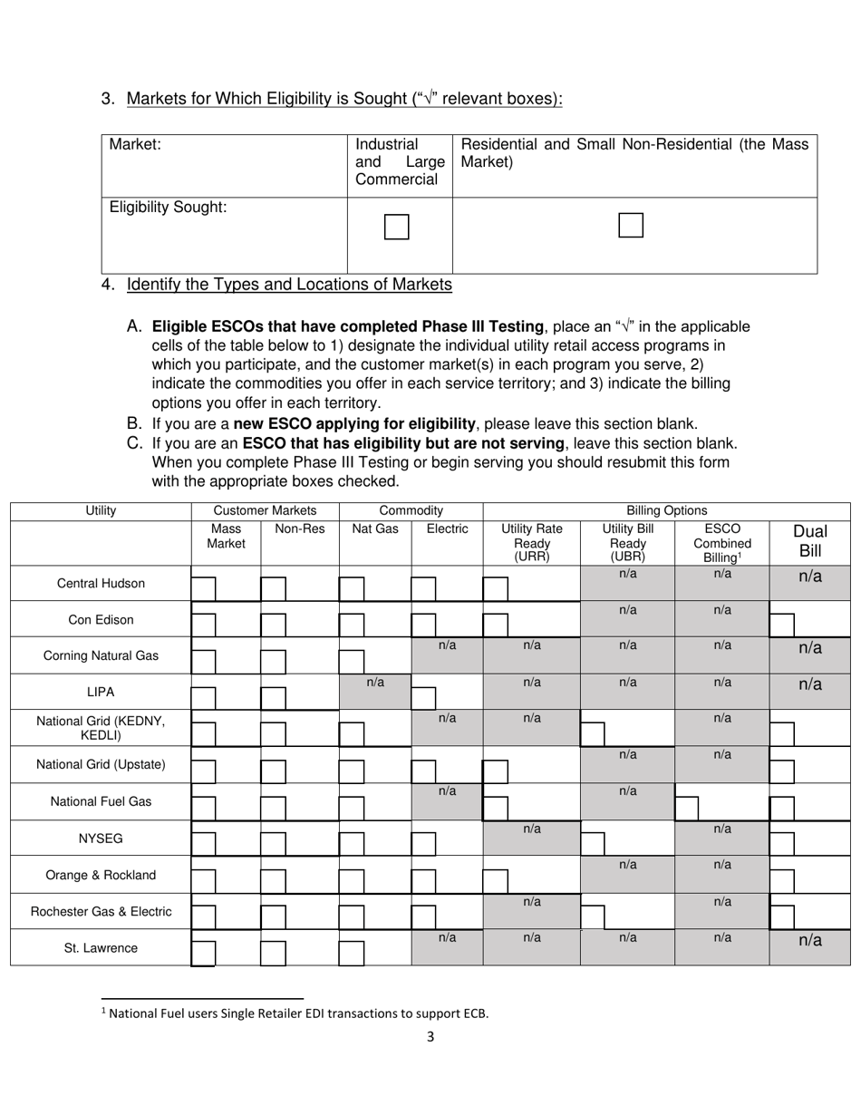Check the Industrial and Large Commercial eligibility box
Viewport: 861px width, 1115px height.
[x=396, y=227]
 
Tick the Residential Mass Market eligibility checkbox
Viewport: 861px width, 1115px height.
[x=630, y=226]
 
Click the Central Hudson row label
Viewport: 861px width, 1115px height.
[x=101, y=583]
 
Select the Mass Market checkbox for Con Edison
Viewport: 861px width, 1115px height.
[x=203, y=625]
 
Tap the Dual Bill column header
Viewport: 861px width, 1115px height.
[x=809, y=541]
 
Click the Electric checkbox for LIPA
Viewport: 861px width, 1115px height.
[x=423, y=697]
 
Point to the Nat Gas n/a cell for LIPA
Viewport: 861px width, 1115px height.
[x=375, y=683]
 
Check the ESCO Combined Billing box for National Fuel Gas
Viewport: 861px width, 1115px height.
[x=687, y=808]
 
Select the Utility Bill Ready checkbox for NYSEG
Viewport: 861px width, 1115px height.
[x=592, y=844]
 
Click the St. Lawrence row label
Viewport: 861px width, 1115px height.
[x=101, y=948]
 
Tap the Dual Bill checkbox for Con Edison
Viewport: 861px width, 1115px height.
[x=781, y=625]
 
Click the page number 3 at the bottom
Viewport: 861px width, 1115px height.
[x=430, y=1036]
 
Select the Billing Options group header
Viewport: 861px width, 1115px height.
[x=666, y=510]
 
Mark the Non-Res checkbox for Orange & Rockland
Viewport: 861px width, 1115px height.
[x=273, y=880]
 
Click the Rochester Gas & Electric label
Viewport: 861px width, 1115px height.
[x=101, y=911]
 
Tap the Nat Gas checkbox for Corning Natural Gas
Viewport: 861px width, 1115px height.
[x=352, y=661]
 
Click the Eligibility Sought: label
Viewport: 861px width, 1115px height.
[x=168, y=208]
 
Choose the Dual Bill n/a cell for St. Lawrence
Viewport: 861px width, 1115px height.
[x=809, y=940]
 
